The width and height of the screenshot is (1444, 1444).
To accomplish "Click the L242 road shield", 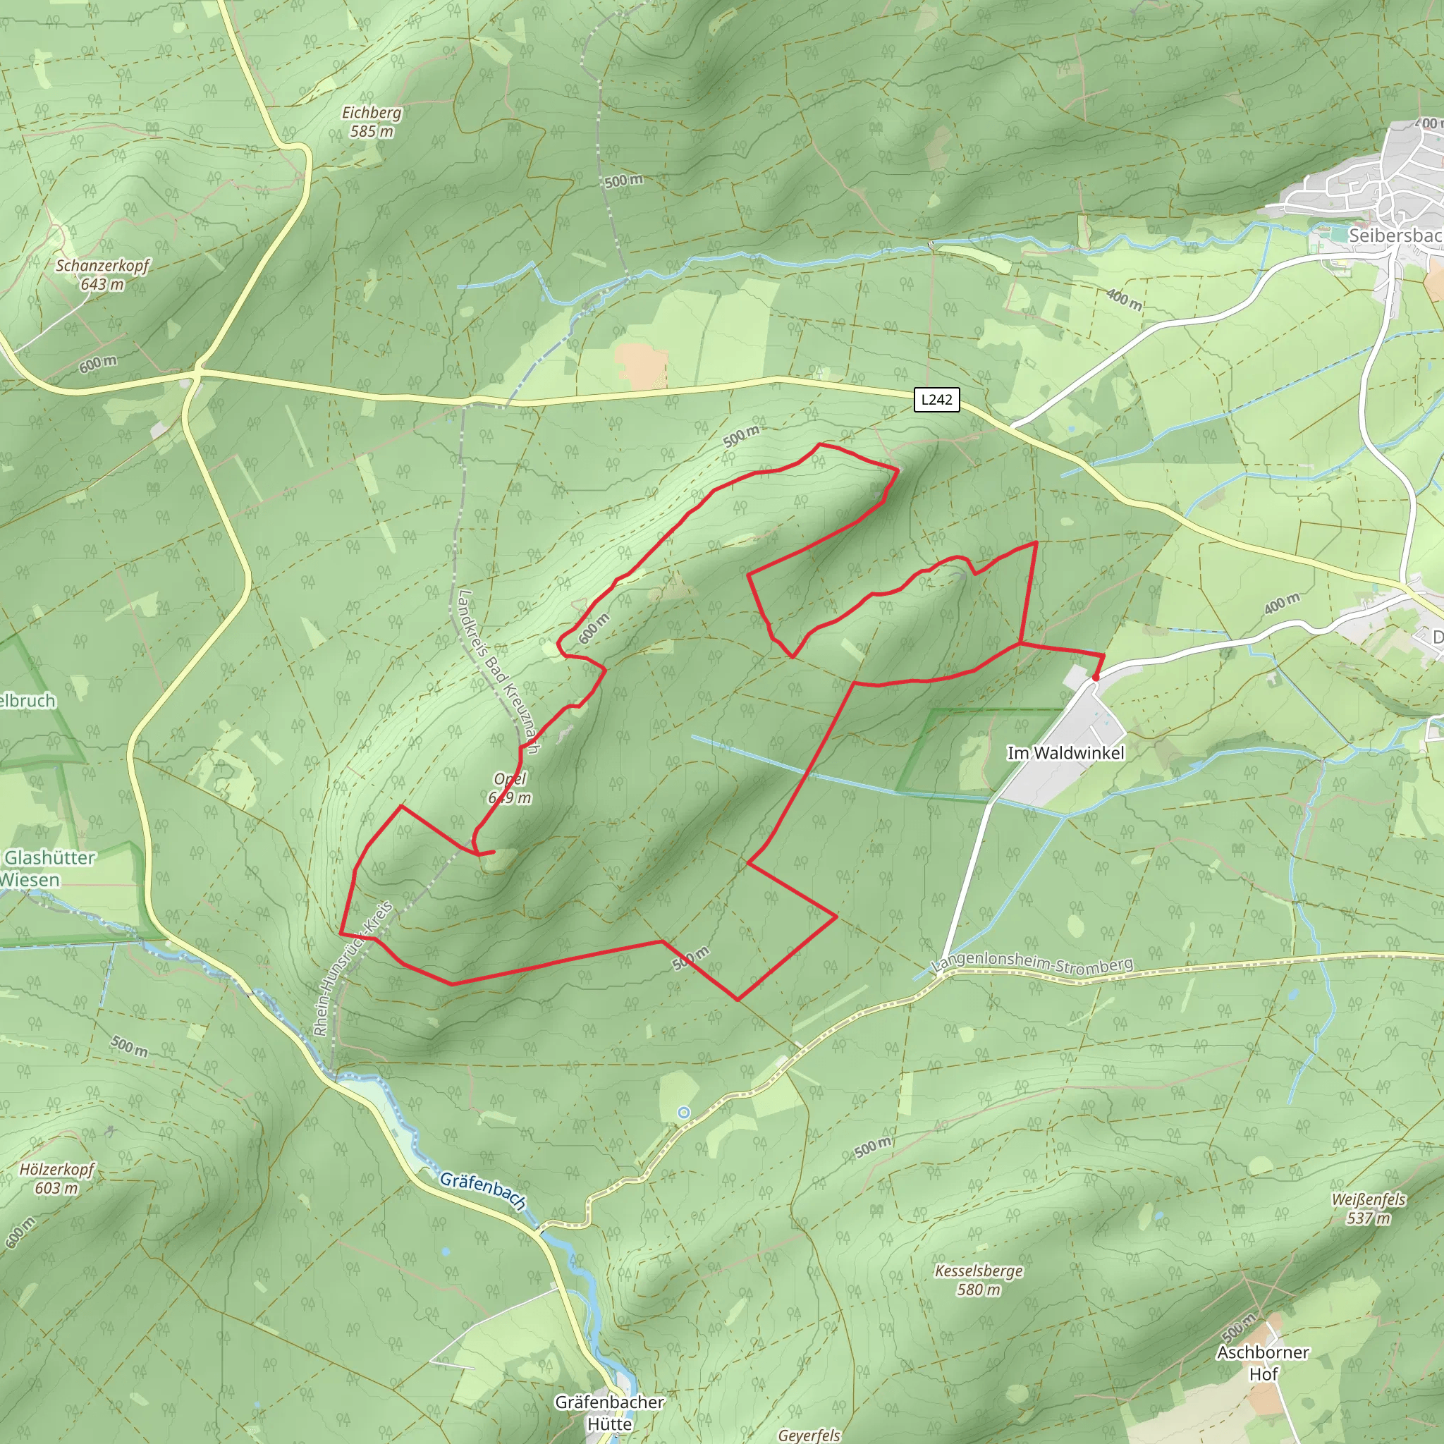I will click(x=936, y=399).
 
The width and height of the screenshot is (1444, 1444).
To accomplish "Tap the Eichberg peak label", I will click(x=372, y=113).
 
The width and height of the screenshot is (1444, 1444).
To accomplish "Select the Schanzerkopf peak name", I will click(x=103, y=266).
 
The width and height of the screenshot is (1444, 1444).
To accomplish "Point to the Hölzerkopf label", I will click(x=57, y=1169).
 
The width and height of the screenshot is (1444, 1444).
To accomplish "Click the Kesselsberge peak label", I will click(x=979, y=1271).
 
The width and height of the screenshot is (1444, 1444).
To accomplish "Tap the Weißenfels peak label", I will click(x=1369, y=1199).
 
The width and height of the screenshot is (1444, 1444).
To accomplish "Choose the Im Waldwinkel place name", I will click(x=1065, y=754).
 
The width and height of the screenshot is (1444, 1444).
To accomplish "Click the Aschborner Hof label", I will click(x=1263, y=1362).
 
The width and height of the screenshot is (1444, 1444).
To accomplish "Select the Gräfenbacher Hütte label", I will click(x=609, y=1412).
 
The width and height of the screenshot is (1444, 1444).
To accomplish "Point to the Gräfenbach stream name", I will click(x=483, y=1191).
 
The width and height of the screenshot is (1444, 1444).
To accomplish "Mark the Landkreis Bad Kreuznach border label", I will click(x=498, y=671).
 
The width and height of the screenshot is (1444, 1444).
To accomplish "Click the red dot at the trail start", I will click(x=1096, y=678).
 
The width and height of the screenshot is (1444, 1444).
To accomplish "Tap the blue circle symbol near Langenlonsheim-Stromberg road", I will click(x=683, y=1113).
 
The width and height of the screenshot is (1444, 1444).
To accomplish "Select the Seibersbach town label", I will click(x=1395, y=235).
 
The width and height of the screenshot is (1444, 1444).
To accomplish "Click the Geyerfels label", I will click(x=809, y=1435).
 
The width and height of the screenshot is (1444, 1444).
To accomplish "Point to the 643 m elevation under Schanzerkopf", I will click(x=102, y=285).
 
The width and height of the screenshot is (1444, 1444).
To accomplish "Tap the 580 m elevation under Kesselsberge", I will click(x=979, y=1290).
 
